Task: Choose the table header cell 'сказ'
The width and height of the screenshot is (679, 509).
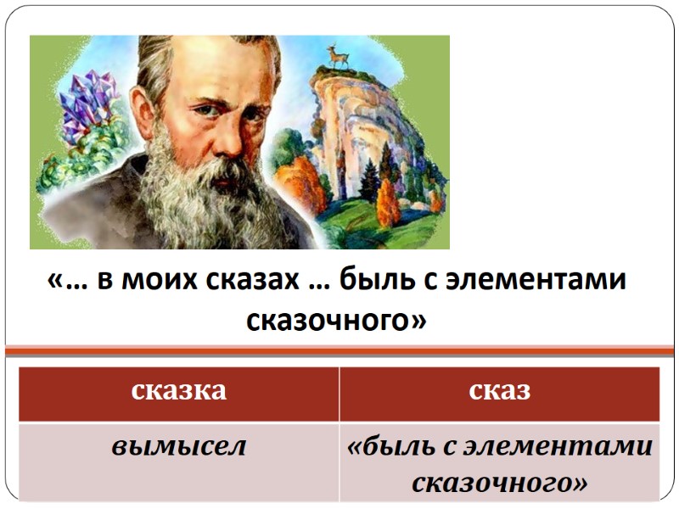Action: tap(499, 391)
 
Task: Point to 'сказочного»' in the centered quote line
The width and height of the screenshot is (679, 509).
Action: tap(336, 320)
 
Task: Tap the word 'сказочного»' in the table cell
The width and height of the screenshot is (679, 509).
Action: tap(499, 482)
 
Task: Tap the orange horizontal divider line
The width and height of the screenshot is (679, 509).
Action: tap(339, 348)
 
